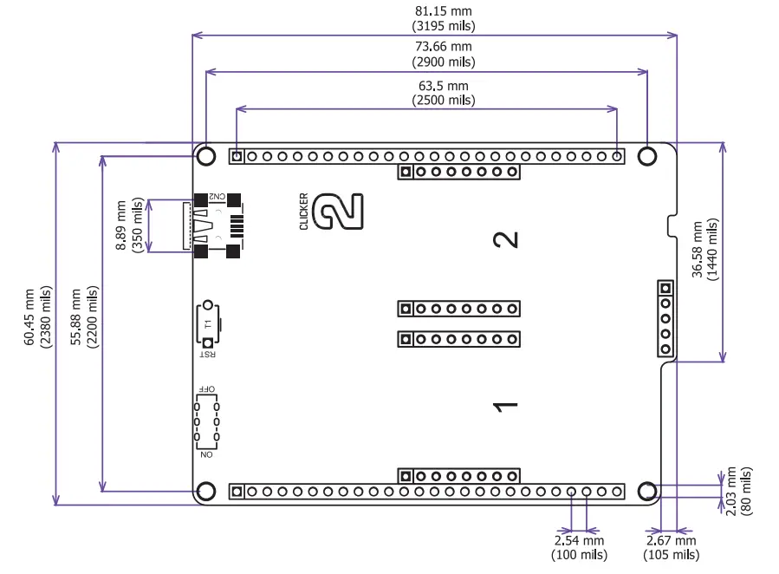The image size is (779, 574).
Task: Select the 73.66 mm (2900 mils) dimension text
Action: coord(444,54)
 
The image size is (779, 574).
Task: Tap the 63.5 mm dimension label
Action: coord(444,93)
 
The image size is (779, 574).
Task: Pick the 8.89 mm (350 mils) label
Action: coord(129,225)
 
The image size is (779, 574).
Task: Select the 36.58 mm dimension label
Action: coord(704,250)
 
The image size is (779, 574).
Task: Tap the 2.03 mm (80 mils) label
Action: coord(739,491)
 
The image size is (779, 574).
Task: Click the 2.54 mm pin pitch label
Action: coord(579,548)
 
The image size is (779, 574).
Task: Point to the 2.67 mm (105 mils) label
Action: coord(671,548)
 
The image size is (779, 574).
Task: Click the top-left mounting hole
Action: coord(206,156)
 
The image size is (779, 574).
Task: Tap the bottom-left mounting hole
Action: coord(206,492)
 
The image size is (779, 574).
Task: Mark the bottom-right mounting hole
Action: coord(647,492)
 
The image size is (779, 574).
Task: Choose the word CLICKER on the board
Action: coord(303,211)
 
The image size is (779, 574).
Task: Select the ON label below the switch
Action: coord(206,454)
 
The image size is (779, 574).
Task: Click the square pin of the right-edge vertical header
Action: coord(665,288)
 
